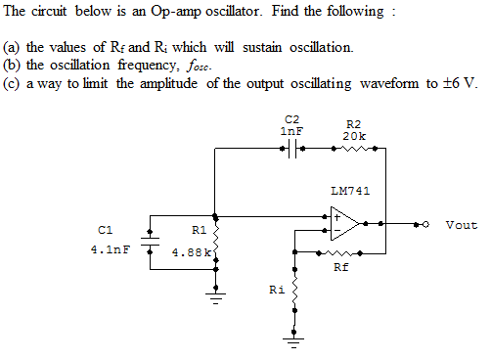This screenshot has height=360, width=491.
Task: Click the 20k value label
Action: click(354, 135)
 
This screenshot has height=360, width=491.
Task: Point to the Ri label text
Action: click(277, 290)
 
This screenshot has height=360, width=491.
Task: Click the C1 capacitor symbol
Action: click(150, 241)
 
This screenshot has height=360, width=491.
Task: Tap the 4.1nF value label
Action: click(110, 249)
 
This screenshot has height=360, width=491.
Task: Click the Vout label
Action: click(461, 225)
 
